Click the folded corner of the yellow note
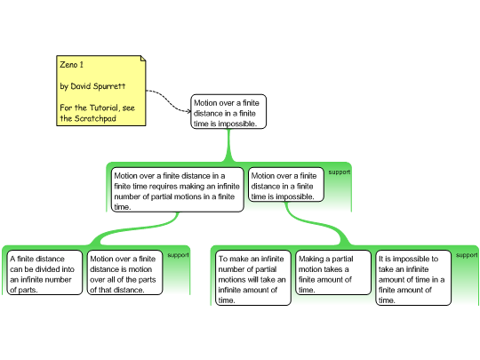(x=143, y=59)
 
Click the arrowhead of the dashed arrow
(x=188, y=111)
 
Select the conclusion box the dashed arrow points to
(x=228, y=111)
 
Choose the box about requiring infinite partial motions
(x=177, y=189)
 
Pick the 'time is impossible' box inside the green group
(x=286, y=184)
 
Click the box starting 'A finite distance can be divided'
(x=44, y=273)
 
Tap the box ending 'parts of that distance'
(x=125, y=273)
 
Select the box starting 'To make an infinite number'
(x=253, y=277)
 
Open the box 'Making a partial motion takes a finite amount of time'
(x=333, y=273)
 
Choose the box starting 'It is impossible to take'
(x=413, y=277)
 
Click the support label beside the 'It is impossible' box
(x=467, y=255)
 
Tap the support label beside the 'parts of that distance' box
(x=178, y=255)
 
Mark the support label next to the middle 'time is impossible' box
(x=340, y=172)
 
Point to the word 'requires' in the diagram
(x=163, y=187)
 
